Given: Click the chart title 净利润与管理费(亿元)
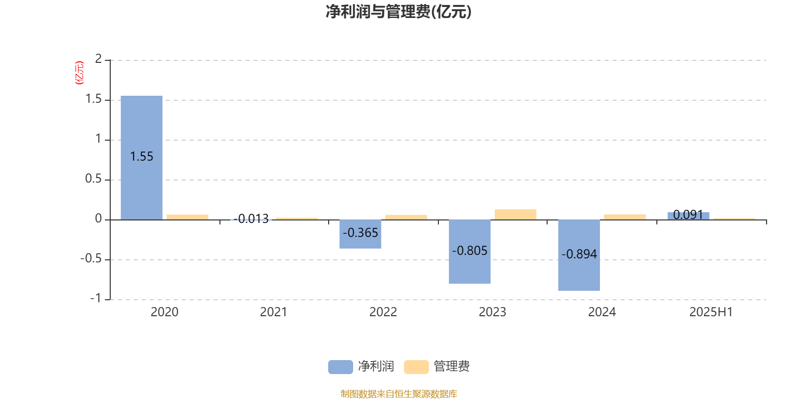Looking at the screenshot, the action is click(399, 11).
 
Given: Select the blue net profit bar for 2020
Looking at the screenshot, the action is click(142, 158).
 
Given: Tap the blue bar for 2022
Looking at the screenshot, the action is click(360, 234).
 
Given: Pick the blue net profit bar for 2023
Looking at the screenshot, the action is click(469, 251).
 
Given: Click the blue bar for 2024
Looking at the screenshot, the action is click(579, 255).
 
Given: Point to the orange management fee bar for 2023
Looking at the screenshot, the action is click(516, 214).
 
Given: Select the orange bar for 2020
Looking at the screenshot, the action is click(188, 217).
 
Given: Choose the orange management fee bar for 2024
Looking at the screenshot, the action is click(625, 217).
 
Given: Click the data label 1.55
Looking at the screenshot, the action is click(142, 157).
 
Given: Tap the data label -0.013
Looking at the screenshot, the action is click(251, 218).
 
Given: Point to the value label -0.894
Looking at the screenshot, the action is click(579, 254).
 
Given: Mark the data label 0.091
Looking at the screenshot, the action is click(688, 214).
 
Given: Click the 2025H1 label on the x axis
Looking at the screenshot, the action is click(711, 312).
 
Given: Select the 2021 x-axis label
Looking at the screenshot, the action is click(274, 312).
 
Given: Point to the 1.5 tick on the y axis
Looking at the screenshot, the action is click(94, 99).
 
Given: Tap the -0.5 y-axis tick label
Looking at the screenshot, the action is click(91, 258).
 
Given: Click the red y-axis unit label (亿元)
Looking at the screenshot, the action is click(79, 73).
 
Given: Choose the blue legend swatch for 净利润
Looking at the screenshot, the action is click(341, 367).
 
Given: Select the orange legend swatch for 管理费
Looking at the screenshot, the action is click(416, 367).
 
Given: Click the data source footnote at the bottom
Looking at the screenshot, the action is click(399, 394).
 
